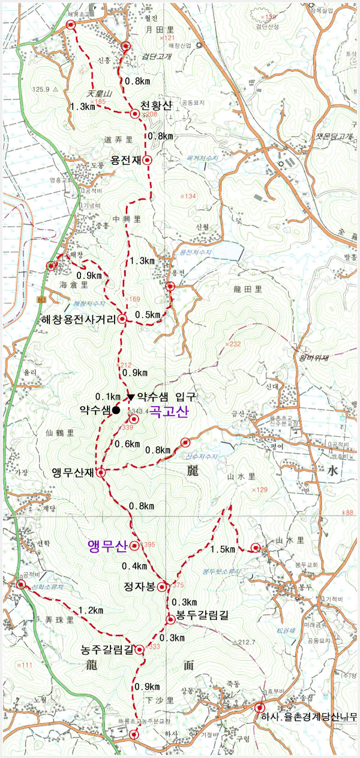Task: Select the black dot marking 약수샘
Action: (116, 410)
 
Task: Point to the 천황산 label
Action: (156, 106)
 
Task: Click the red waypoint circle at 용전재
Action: (147, 161)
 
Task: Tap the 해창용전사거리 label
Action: (77, 320)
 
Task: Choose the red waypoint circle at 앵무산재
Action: (101, 473)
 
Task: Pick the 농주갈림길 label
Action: (107, 649)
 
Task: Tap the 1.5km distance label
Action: (222, 549)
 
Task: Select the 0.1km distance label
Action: (108, 396)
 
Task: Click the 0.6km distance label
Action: (127, 444)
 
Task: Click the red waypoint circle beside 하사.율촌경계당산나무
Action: (260, 708)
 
